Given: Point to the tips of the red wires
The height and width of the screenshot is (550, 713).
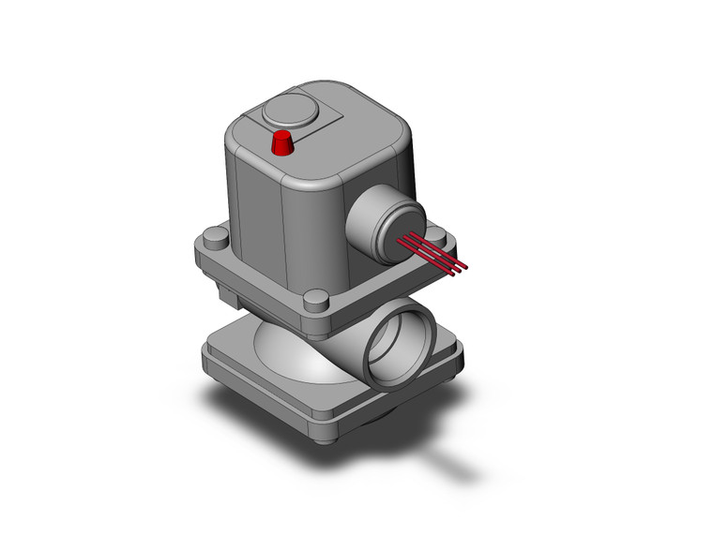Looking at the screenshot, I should pos(461,270).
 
